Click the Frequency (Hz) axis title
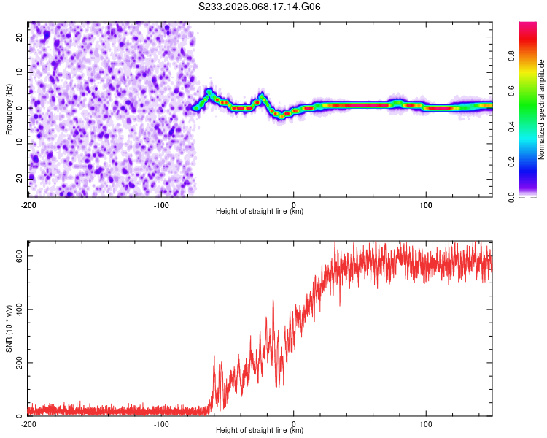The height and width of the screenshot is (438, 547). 9,109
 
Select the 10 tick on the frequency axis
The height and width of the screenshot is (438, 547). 20,72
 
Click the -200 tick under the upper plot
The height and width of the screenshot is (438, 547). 28,204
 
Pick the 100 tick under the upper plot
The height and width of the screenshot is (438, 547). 426,204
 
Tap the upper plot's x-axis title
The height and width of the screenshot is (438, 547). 260,211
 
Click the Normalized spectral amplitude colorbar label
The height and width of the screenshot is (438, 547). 541,109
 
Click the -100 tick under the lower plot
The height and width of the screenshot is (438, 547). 161,423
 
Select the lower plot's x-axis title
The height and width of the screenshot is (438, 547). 260,431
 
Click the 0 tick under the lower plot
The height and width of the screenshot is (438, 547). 294,423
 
